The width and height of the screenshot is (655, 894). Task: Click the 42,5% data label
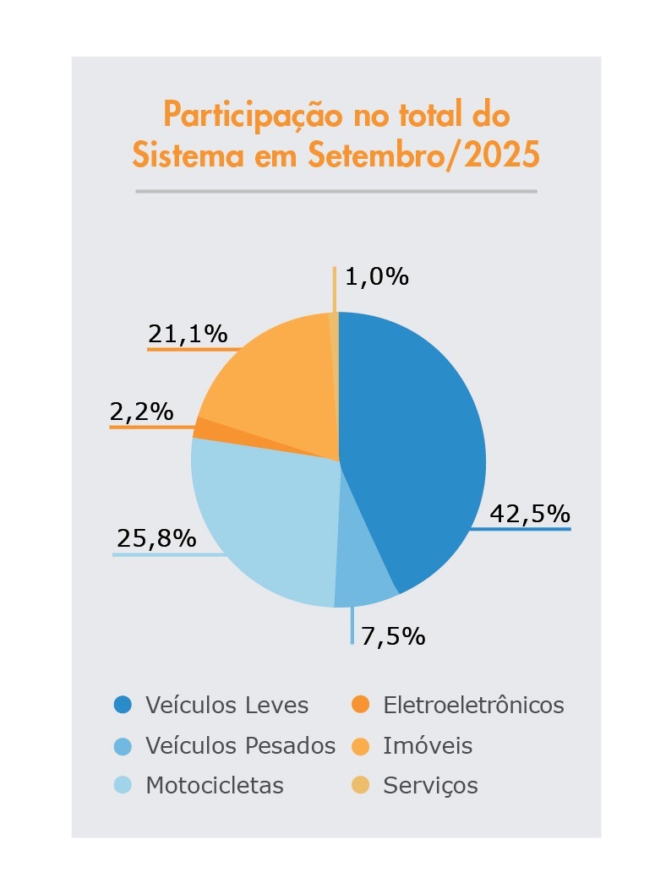coord(530,513)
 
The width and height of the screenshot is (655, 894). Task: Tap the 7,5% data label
coord(393,635)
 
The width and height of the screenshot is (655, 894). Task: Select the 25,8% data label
coord(156,537)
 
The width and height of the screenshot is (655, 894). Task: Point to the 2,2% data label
coord(141,412)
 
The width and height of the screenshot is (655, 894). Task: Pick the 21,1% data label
coord(188,335)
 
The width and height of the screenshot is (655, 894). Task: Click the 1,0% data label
coord(377,276)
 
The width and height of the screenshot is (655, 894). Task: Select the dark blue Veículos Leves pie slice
coord(414,448)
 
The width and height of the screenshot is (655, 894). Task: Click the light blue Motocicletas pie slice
coord(262,524)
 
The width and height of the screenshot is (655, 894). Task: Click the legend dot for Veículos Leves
coord(123,704)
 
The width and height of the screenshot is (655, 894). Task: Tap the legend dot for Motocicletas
coord(123,785)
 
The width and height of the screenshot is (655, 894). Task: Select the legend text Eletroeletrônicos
coord(473,705)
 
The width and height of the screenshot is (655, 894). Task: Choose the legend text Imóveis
coord(428,745)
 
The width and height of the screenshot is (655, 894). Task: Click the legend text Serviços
coord(430,786)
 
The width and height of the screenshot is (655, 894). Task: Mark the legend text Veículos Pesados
coord(240,745)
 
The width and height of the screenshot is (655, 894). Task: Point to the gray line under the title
coord(336,191)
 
